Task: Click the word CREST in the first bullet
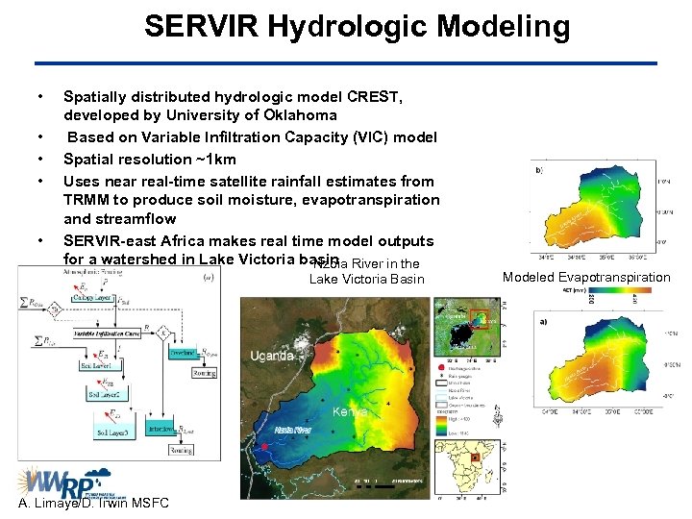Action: point(376,97)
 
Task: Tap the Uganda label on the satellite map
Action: point(272,356)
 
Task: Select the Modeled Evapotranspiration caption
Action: point(585,278)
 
